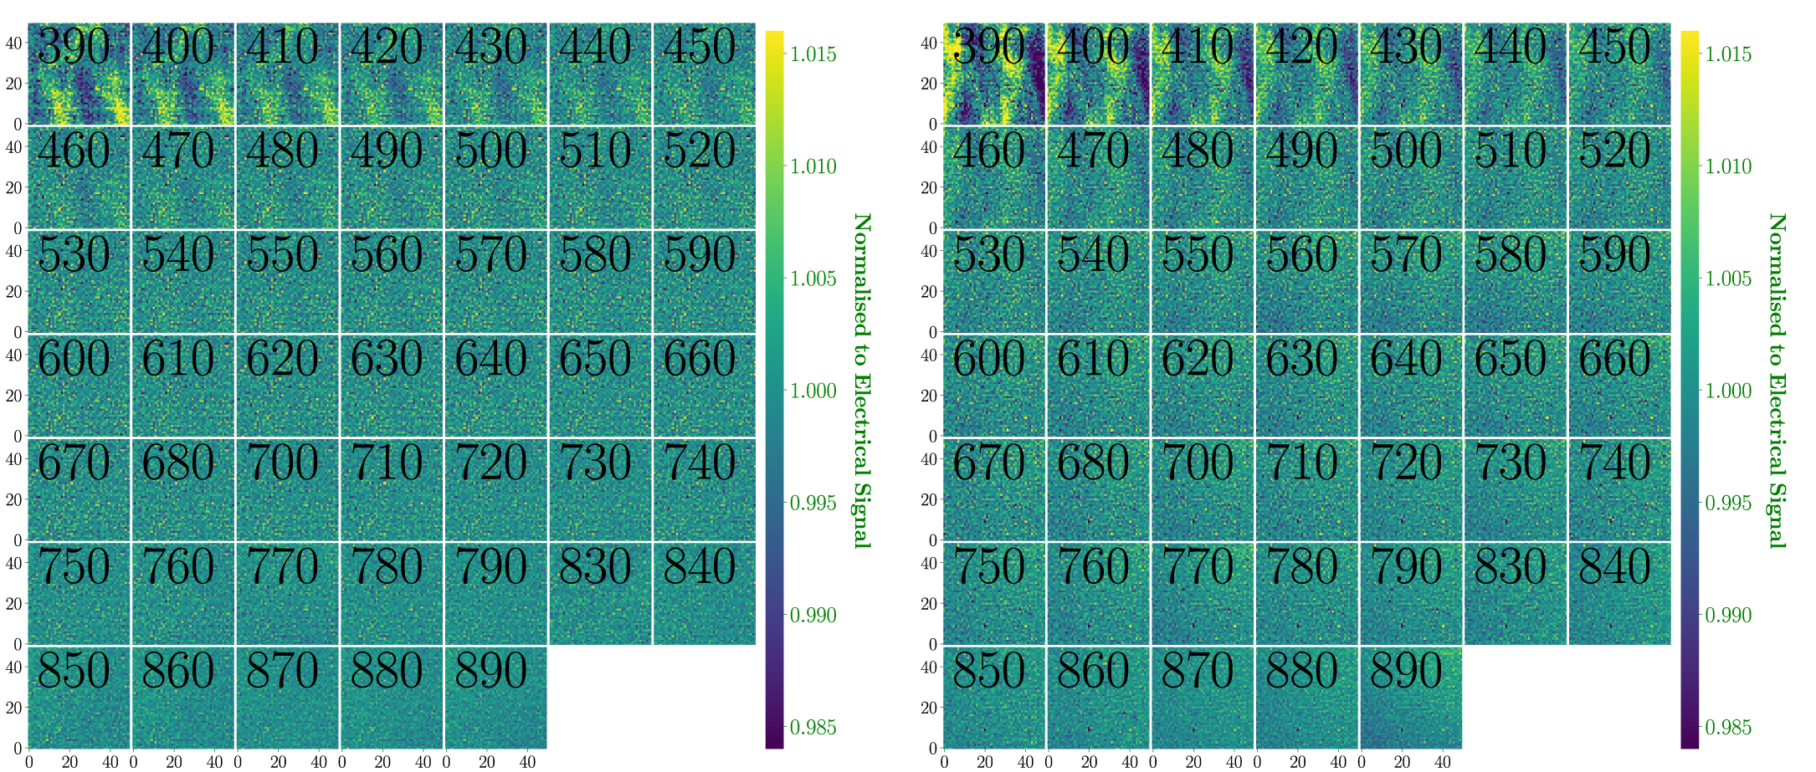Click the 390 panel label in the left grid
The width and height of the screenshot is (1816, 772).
74,47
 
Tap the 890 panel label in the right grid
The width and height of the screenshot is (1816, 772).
1406,671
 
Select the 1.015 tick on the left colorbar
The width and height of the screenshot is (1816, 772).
813,54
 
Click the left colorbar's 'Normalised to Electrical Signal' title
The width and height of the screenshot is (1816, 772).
861,381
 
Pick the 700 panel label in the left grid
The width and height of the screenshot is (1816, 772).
282,463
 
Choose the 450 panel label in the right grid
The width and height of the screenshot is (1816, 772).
1614,47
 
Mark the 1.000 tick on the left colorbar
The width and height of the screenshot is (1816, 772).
813,391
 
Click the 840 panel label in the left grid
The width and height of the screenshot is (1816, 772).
700,567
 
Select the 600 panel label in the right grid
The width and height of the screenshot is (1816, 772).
988,360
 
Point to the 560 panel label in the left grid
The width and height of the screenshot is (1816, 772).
387,255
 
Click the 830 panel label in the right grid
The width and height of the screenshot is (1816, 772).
1510,567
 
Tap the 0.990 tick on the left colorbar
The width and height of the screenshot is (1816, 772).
813,616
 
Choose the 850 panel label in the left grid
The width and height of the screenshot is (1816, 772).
74,671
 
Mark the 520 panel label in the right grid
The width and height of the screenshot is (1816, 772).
1614,151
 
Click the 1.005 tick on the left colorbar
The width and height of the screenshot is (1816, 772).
813,279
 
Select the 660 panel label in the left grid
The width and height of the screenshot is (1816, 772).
700,360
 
